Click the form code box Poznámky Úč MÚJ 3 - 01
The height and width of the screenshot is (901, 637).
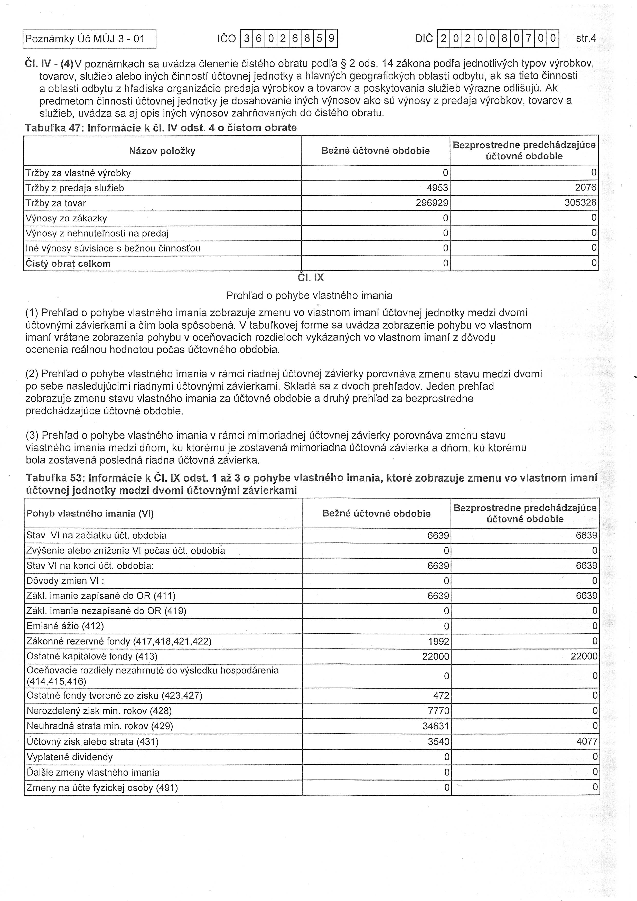(89, 39)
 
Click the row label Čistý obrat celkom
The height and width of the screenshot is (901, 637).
(68, 263)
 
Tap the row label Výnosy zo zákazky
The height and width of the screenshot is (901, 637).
(66, 218)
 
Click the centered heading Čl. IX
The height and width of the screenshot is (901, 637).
(311, 278)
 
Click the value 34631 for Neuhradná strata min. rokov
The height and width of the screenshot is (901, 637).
(436, 726)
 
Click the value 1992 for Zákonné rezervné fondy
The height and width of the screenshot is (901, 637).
(438, 641)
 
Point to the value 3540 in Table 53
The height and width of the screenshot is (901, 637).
(438, 741)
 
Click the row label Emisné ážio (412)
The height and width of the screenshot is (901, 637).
(65, 626)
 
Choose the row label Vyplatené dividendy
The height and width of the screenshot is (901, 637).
(69, 757)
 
